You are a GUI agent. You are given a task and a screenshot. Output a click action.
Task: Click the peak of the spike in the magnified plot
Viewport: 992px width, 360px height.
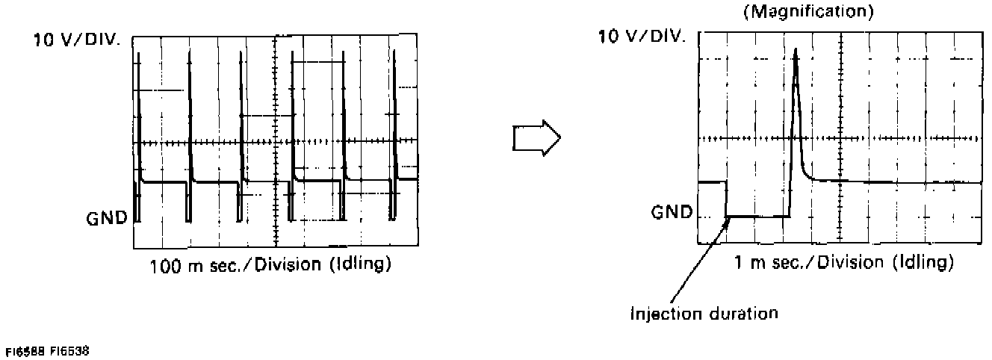796,51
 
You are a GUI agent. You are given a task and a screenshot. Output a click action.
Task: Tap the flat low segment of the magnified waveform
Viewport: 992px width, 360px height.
758,216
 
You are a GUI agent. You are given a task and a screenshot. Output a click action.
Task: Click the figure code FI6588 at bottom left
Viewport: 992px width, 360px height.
25,350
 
